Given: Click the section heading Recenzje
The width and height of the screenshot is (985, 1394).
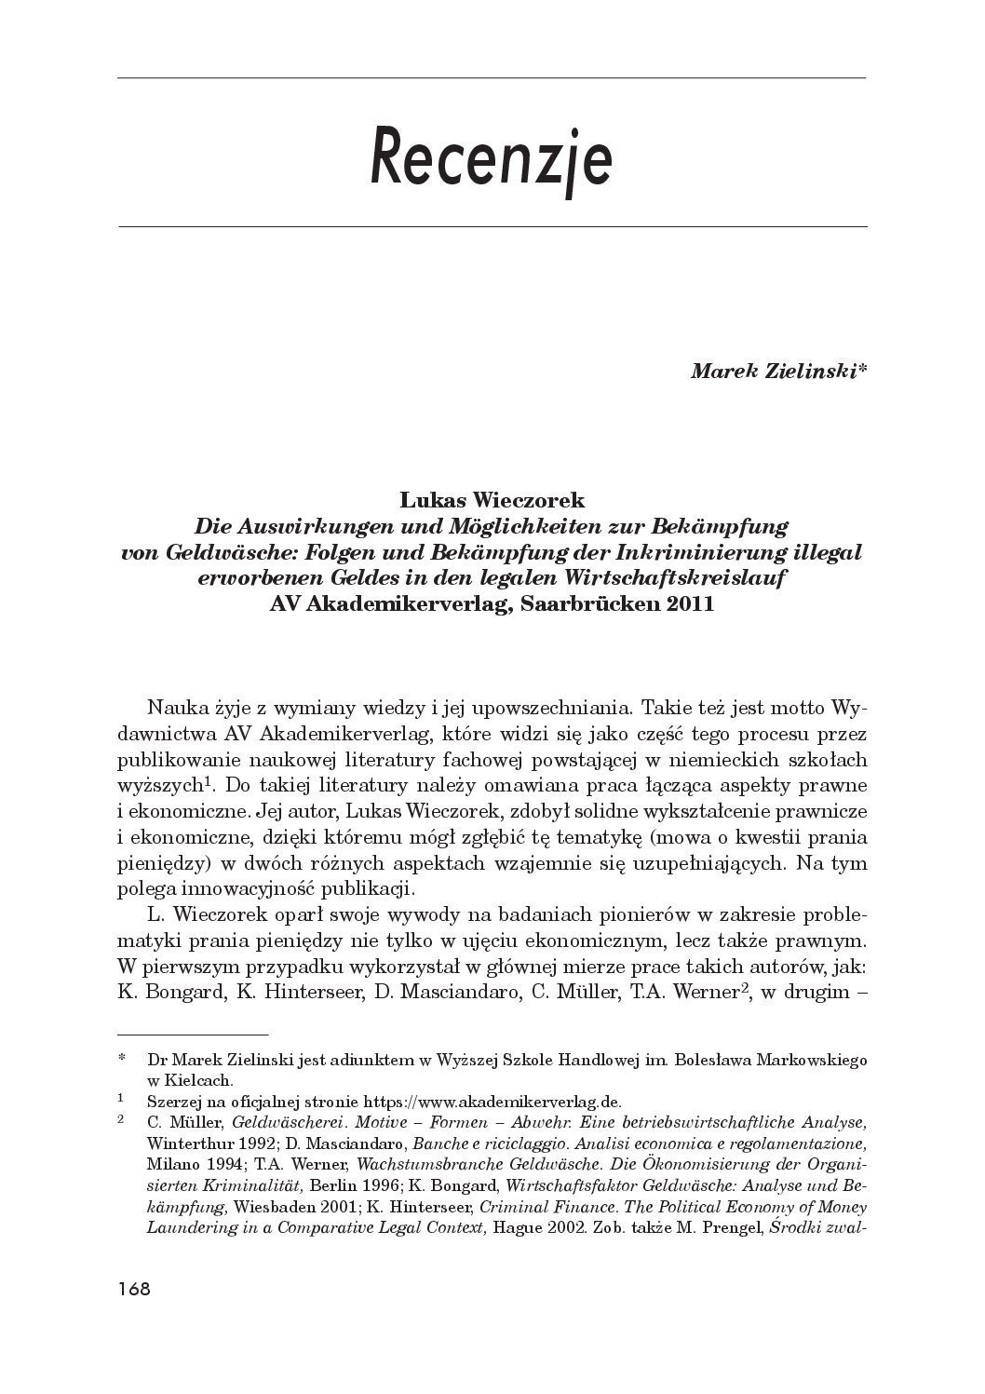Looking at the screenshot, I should (x=491, y=159).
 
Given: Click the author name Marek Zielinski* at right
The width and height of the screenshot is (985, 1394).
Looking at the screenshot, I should (x=778, y=371).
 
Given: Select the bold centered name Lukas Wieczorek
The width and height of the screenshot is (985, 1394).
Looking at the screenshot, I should (x=492, y=501).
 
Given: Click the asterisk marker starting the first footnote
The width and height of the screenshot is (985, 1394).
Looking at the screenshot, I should (x=122, y=1060).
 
